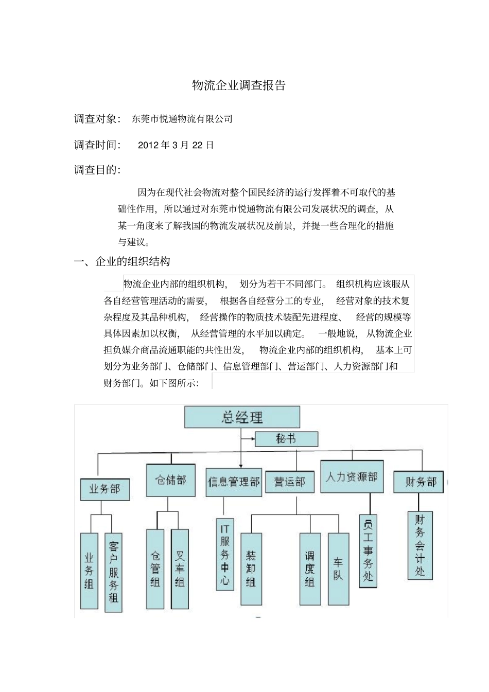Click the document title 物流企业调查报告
238,85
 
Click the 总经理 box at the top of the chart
242,417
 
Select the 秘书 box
286,439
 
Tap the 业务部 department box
105,489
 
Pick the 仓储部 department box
170,480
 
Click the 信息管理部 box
234,482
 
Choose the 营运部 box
289,482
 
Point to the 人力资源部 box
352,476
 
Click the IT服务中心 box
225,554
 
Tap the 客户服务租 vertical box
113,572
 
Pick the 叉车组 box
180,569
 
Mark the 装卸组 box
251,569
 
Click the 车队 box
338,569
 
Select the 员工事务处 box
368,551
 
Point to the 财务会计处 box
420,545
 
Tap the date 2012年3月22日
176,145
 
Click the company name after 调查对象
182,119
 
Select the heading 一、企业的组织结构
122,261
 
